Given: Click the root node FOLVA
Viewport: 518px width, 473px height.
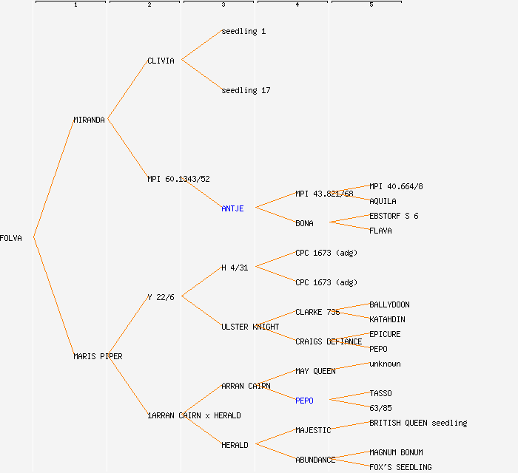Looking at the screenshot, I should (11, 238).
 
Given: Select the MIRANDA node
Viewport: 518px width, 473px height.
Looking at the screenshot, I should (89, 120).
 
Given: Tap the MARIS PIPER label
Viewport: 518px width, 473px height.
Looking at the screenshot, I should (98, 356).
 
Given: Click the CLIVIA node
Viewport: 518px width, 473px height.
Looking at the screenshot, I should (161, 61).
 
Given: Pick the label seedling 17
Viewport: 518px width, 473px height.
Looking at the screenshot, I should (246, 90).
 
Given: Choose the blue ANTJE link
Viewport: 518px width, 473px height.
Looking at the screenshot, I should (232, 208).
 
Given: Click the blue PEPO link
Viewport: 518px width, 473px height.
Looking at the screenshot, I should (304, 401).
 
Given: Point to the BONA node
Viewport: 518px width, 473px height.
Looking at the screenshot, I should (304, 223).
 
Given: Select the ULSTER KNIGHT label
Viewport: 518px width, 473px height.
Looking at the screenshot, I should (250, 327).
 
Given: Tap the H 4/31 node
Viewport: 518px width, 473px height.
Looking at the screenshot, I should (235, 268).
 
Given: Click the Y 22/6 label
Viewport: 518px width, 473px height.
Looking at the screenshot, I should (161, 297).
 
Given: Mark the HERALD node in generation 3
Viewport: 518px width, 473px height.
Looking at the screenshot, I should (235, 445).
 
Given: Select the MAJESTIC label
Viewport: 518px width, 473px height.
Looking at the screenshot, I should (313, 430).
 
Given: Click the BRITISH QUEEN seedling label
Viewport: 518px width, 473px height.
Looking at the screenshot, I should (418, 423).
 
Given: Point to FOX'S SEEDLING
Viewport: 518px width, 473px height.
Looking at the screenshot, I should (400, 467).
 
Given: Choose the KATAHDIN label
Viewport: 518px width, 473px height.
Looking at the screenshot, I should (387, 319).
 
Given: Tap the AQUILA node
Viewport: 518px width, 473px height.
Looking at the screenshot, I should (383, 201).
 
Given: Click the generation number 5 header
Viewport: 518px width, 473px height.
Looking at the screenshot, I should (371, 5).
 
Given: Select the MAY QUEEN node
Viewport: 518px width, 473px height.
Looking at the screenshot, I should (315, 371).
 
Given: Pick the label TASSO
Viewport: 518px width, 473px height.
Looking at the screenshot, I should (380, 393).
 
